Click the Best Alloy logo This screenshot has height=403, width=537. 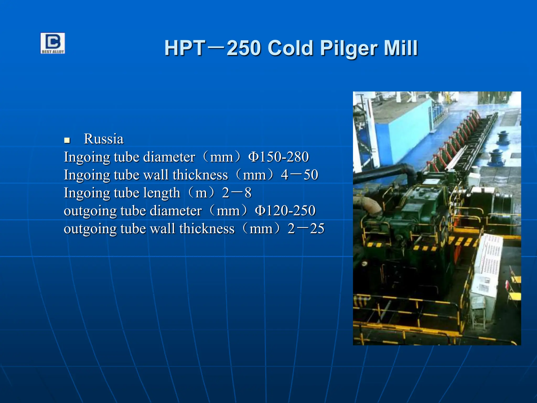pos(52,43)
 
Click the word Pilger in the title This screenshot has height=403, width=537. pos(349,49)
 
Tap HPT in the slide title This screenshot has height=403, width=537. pos(185,49)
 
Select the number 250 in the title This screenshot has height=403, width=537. pos(244,49)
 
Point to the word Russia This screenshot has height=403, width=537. pos(104,139)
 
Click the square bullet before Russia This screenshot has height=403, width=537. pos(67,140)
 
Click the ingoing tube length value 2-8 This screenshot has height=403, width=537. pos(237,193)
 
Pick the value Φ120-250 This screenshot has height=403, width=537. pos(285,211)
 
